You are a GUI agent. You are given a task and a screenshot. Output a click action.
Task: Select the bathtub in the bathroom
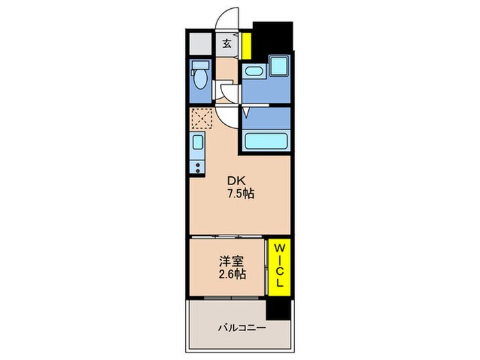(x=265, y=141)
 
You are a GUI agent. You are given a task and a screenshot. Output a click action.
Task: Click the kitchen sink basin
(x=197, y=144)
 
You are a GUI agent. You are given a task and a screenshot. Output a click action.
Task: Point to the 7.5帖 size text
(x=241, y=194)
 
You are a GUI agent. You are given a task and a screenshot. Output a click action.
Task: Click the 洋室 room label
(x=229, y=261)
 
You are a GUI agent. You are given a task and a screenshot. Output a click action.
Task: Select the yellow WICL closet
(x=280, y=267)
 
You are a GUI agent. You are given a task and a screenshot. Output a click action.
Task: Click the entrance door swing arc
(x=228, y=17)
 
